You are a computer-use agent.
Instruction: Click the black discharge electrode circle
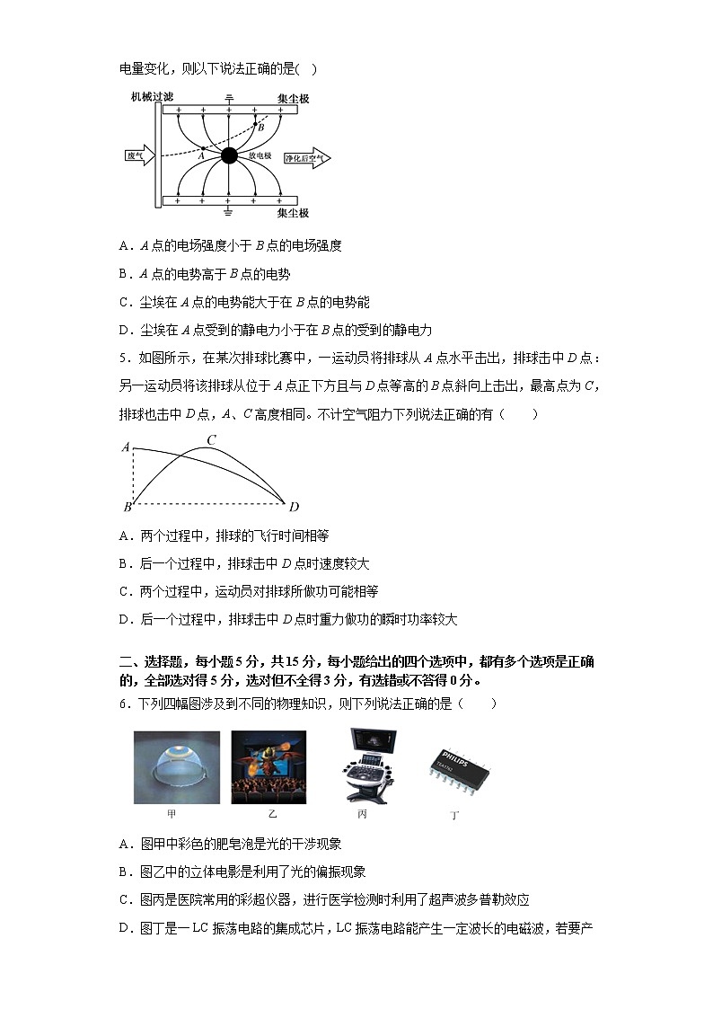click(229, 155)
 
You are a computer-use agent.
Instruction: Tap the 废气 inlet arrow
click(140, 155)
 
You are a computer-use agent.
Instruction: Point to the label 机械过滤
click(152, 95)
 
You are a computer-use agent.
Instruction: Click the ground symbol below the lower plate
click(229, 212)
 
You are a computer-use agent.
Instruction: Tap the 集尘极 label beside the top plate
click(293, 97)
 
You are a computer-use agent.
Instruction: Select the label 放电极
click(260, 155)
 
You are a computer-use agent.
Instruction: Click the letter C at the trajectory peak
click(212, 439)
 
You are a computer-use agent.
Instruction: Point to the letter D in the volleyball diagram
click(294, 508)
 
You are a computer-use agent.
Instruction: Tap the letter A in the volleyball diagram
click(126, 447)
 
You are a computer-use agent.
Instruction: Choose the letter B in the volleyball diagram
click(128, 508)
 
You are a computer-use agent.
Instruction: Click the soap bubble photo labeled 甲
click(176, 766)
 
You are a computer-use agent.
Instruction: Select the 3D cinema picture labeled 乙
click(268, 766)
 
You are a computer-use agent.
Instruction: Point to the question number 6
click(123, 703)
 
